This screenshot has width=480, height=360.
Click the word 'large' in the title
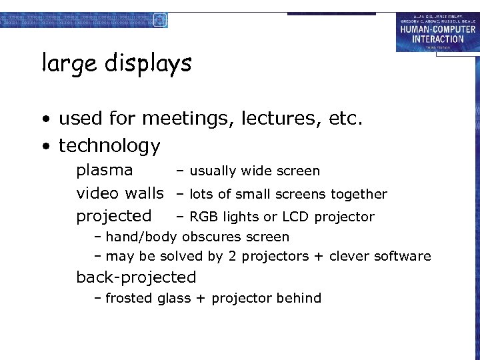65,64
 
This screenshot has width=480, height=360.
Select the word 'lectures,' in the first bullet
293,119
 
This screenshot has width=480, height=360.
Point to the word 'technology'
109,146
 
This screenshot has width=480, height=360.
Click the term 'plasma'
104,171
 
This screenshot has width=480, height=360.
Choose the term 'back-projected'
136,277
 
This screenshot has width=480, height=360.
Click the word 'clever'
349,257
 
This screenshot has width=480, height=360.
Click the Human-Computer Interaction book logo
437,31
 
